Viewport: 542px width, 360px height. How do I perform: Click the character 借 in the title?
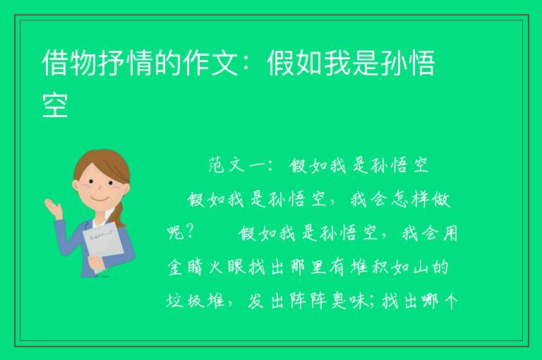[x=54, y=63]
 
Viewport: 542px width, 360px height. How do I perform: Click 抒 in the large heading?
[x=112, y=63]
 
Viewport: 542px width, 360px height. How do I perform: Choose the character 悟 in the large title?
[x=421, y=63]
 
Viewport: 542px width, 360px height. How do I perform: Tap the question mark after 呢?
[x=189, y=233]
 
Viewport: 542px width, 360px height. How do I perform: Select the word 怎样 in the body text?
[x=411, y=199]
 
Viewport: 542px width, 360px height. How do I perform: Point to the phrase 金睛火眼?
[x=206, y=268]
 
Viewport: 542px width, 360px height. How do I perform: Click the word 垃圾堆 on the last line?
[x=195, y=301]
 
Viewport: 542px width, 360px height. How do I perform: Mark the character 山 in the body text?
[x=421, y=268]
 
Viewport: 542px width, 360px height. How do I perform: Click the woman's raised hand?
[x=54, y=208]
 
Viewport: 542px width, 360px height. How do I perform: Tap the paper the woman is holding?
[x=103, y=244]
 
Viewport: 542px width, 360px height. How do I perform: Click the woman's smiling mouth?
[x=99, y=199]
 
